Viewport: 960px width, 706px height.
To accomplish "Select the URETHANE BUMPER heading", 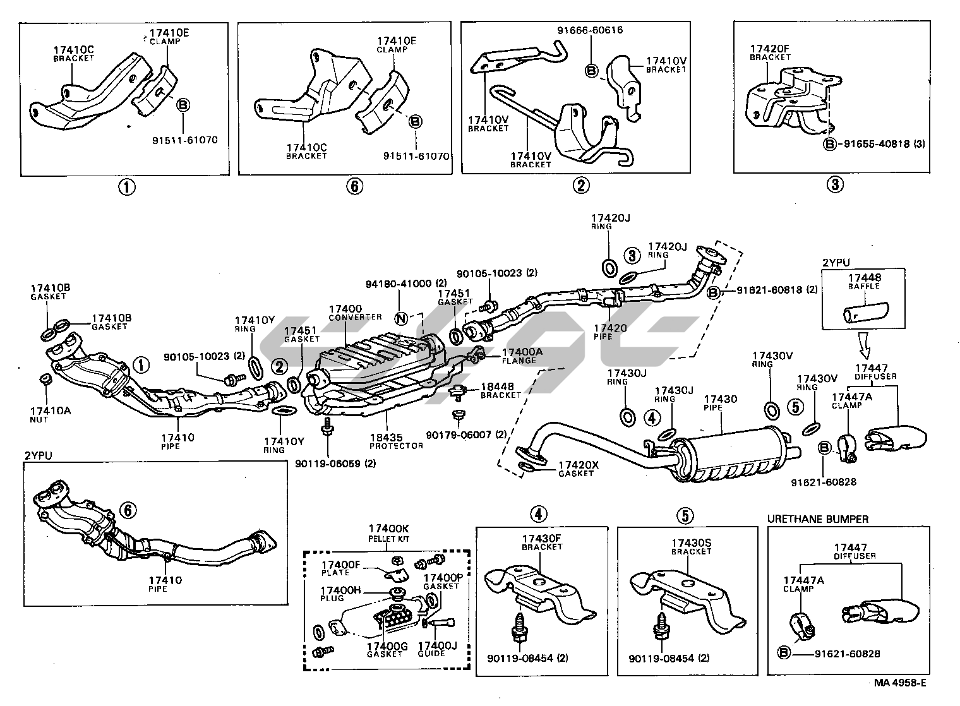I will click(x=818, y=519).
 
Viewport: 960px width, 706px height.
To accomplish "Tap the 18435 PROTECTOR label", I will click(x=397, y=441).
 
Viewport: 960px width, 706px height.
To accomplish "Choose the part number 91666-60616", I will click(x=590, y=30).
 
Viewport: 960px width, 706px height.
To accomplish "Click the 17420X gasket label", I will click(x=577, y=469).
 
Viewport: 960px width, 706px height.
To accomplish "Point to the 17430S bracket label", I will click(x=691, y=546).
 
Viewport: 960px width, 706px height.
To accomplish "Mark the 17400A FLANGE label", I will click(x=519, y=356).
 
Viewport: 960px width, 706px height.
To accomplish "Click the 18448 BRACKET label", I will click(x=501, y=390).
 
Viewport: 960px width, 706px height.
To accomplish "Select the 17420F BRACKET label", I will click(x=770, y=52).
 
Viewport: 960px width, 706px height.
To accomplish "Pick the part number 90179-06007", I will click(x=466, y=434).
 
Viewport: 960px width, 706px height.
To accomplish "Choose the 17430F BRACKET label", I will click(x=542, y=542).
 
